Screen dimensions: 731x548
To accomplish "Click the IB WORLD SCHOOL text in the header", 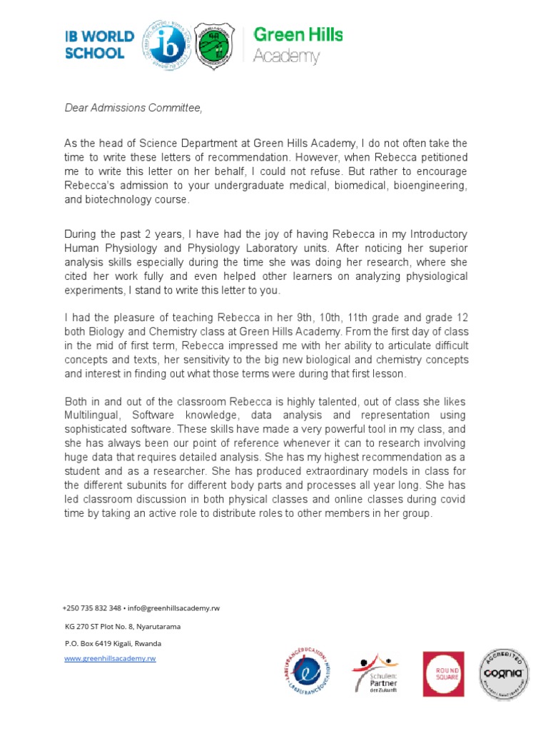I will click(100, 44).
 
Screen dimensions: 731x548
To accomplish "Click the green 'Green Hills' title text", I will click(298, 35).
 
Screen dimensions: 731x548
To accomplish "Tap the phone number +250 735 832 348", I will click(92, 608).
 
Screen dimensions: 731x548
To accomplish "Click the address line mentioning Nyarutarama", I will click(122, 626).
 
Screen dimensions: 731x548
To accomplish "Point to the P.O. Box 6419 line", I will click(113, 643).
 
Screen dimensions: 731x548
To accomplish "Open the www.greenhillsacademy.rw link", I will click(110, 658).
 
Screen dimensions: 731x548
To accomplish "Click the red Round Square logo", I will click(443, 674).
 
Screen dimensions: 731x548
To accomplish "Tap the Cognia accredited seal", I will click(504, 673).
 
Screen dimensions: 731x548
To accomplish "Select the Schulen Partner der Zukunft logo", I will click(375, 674).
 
